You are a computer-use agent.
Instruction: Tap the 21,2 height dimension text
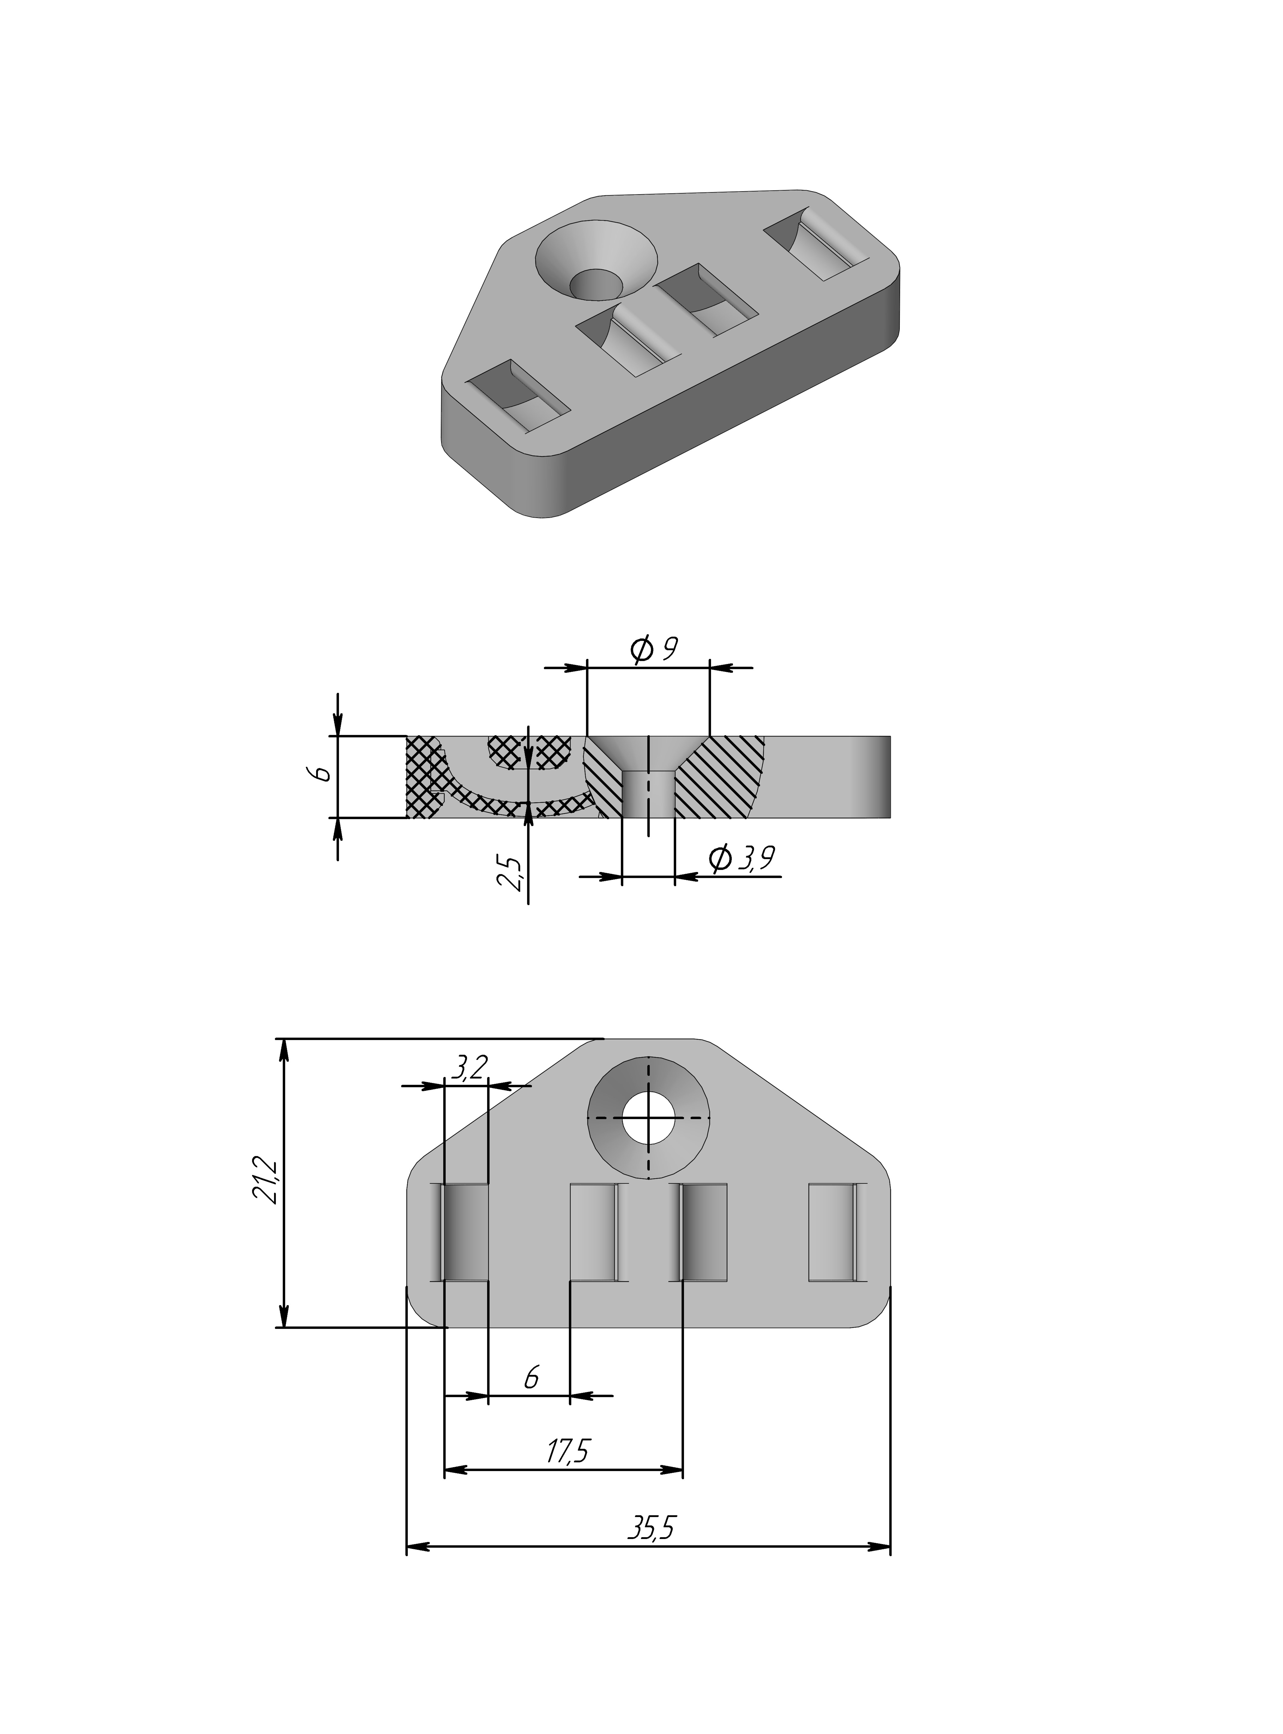264,1181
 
